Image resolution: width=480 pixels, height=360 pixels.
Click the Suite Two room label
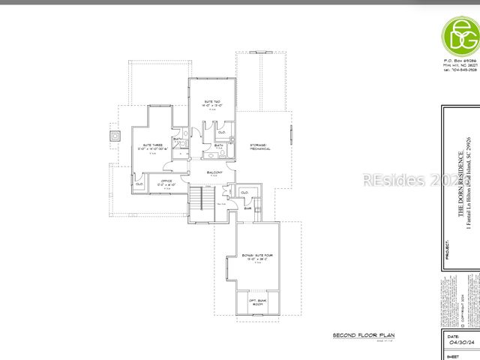click(x=211, y=103)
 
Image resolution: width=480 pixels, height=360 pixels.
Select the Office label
click(x=166, y=181)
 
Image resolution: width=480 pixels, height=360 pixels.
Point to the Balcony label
click(x=215, y=172)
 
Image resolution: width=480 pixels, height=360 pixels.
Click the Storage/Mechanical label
click(x=259, y=146)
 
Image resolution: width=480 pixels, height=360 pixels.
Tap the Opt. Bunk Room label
click(x=257, y=302)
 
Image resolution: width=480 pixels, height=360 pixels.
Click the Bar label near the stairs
click(x=247, y=208)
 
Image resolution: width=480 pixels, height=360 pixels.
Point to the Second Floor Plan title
click(x=363, y=334)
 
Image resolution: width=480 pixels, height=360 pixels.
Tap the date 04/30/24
click(x=458, y=346)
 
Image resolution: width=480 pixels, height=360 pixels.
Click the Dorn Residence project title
click(x=461, y=185)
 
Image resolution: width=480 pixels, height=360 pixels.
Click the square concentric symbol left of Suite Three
click(x=114, y=136)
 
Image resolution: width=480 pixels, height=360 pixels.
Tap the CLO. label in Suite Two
click(x=222, y=132)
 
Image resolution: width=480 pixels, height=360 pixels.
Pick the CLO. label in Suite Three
click(x=139, y=184)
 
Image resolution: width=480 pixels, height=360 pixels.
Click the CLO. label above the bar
click(x=244, y=193)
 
